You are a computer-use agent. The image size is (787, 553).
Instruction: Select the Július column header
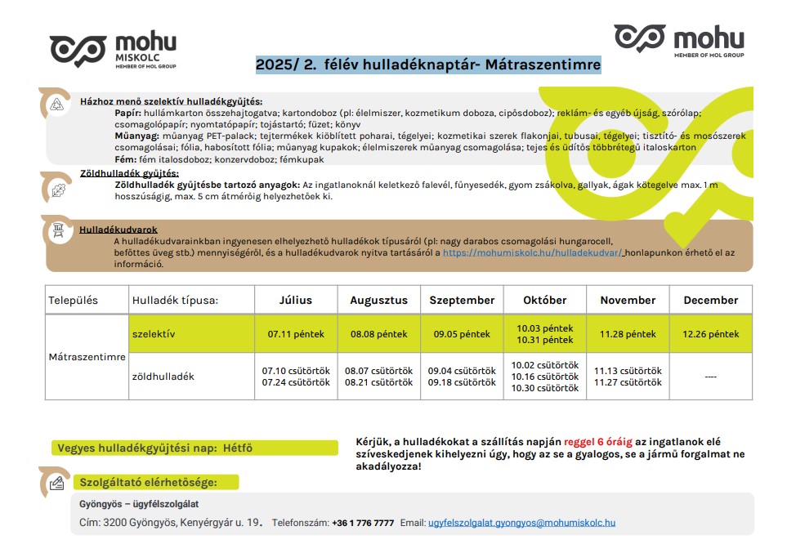pyautogui.click(x=295, y=300)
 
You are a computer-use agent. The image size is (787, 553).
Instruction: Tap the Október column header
pyautogui.click(x=544, y=300)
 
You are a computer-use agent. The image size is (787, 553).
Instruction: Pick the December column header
pyautogui.click(x=710, y=300)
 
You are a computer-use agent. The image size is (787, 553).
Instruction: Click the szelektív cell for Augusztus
pyautogui.click(x=378, y=334)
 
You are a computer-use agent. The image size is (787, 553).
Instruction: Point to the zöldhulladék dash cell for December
pyautogui.click(x=710, y=377)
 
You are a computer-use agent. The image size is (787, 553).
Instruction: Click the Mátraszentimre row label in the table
pyautogui.click(x=87, y=357)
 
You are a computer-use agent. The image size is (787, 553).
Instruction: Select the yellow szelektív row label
pyautogui.click(x=154, y=334)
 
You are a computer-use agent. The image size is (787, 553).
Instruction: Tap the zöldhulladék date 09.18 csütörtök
pyautogui.click(x=462, y=382)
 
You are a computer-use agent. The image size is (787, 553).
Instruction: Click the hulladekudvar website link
pyautogui.click(x=532, y=253)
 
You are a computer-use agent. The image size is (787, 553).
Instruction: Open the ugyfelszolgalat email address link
pyautogui.click(x=521, y=523)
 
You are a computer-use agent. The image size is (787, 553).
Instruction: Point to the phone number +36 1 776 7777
pyautogui.click(x=362, y=523)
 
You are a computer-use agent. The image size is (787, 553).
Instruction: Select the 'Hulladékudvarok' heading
pyautogui.click(x=118, y=230)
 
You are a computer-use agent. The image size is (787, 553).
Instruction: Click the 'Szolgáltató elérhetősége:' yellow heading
pyautogui.click(x=147, y=482)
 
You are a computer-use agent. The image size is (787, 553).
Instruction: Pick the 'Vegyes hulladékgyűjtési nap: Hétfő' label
pyautogui.click(x=155, y=448)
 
